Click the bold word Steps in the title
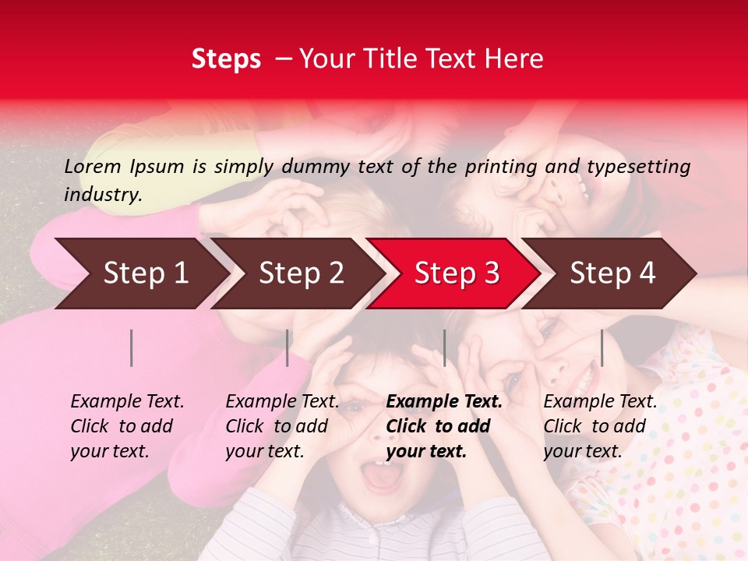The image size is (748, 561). point(226,59)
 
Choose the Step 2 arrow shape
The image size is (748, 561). point(301,273)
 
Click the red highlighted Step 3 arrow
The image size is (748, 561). point(457,273)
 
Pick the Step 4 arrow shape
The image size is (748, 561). point(612,273)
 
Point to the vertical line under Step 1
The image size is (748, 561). point(132,348)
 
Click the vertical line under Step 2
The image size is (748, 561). point(288,348)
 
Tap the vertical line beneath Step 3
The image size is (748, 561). point(444,348)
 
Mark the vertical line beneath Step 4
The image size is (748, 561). point(602,348)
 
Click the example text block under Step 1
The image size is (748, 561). point(127,426)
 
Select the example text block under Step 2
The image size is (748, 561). point(282,426)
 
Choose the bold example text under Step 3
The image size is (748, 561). point(444,426)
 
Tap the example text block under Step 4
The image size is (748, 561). point(600,426)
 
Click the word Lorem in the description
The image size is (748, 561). point(93,166)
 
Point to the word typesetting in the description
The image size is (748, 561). point(638,166)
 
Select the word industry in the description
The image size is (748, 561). point(102,195)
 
